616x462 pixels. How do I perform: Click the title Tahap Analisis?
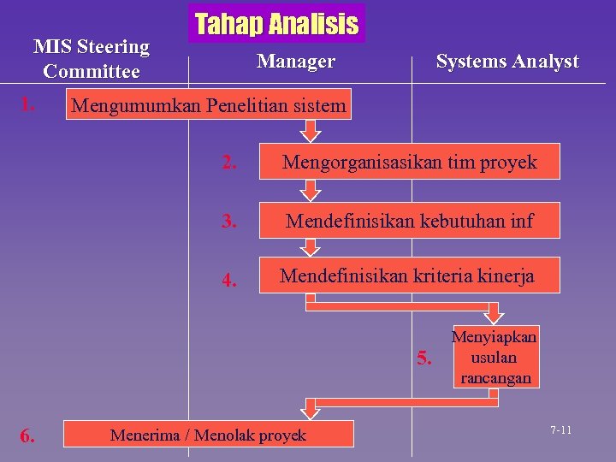click(x=276, y=24)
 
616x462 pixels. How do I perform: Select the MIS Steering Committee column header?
click(x=91, y=59)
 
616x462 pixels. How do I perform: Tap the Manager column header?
click(x=296, y=62)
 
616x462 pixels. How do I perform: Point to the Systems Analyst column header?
click(x=507, y=62)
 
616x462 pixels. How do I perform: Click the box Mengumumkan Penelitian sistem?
click(x=210, y=106)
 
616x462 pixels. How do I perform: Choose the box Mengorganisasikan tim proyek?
click(x=409, y=162)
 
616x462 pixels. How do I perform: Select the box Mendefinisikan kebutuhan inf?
click(x=409, y=221)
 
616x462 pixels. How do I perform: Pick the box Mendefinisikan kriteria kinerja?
click(x=409, y=276)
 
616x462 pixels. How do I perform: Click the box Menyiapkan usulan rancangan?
click(x=495, y=356)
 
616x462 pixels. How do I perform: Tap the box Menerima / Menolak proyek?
click(x=209, y=435)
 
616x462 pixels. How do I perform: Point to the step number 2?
click(x=228, y=163)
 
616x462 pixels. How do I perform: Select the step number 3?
click(x=228, y=222)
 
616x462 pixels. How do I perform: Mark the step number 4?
click(x=228, y=280)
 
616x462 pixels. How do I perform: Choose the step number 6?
click(x=27, y=436)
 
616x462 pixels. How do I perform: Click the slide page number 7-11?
click(x=561, y=429)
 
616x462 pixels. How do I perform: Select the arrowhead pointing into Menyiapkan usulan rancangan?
click(x=495, y=315)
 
